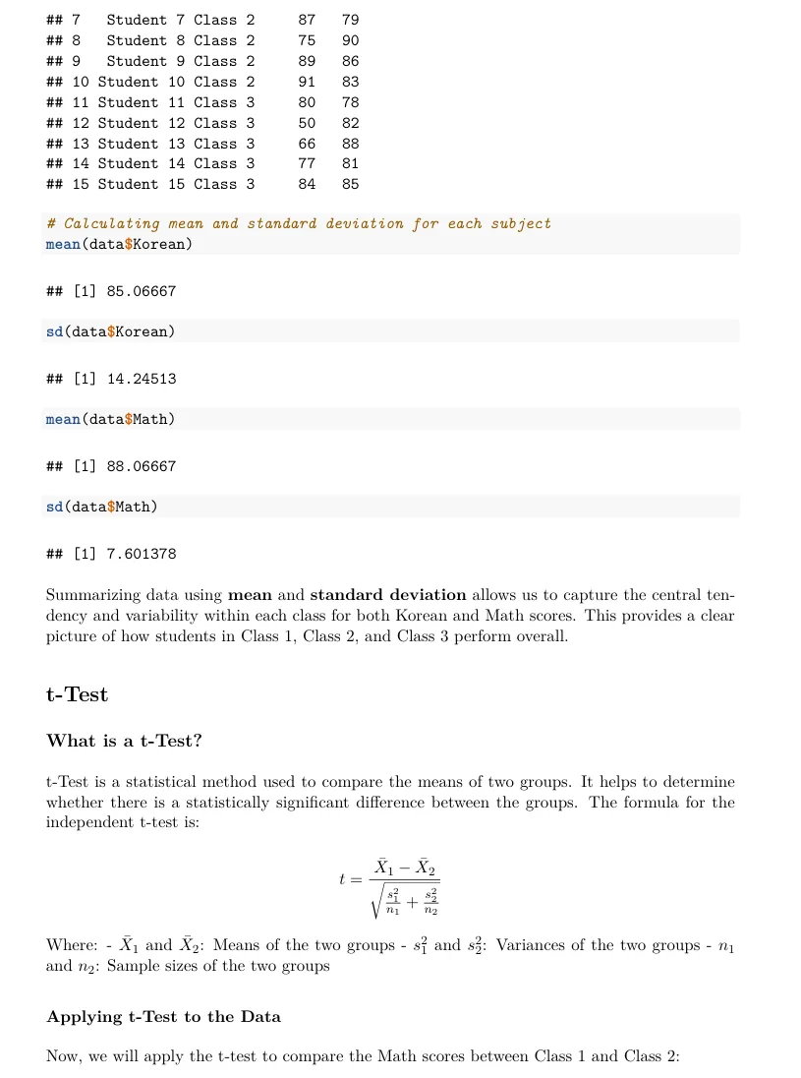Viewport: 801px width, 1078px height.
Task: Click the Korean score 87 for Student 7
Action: tap(307, 20)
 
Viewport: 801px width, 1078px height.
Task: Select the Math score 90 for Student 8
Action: tap(351, 40)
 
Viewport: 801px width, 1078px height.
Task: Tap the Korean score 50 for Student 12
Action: tap(307, 123)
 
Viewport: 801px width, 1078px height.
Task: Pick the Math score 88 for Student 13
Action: tap(351, 144)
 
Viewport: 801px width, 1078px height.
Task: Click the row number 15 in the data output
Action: tap(81, 184)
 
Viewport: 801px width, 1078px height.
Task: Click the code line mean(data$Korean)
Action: tap(119, 244)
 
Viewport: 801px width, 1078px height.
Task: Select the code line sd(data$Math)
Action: tap(101, 507)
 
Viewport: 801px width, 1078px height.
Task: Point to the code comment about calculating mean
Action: tap(299, 223)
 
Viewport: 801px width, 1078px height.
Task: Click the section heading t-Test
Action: tap(77, 694)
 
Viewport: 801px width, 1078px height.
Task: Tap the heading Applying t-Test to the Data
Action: tap(163, 1016)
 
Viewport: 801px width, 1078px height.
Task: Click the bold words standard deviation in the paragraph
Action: tap(387, 594)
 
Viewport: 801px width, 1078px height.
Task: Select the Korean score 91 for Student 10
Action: tap(307, 82)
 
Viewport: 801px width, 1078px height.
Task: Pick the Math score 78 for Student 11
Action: tap(351, 102)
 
